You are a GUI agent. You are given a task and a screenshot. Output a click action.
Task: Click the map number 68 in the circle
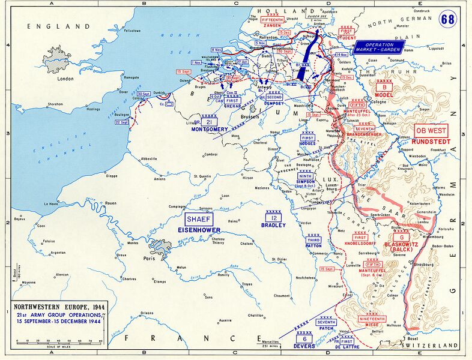447,17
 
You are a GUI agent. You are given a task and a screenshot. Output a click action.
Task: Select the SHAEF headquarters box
199,220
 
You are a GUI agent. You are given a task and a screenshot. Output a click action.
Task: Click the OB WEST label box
431,130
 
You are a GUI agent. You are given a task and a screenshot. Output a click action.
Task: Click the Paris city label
150,259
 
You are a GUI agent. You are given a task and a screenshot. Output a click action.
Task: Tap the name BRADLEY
273,226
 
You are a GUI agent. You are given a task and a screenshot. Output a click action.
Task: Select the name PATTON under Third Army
313,246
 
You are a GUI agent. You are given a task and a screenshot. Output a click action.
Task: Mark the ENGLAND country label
54,26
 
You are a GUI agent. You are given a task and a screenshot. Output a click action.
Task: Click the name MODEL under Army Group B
383,95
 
